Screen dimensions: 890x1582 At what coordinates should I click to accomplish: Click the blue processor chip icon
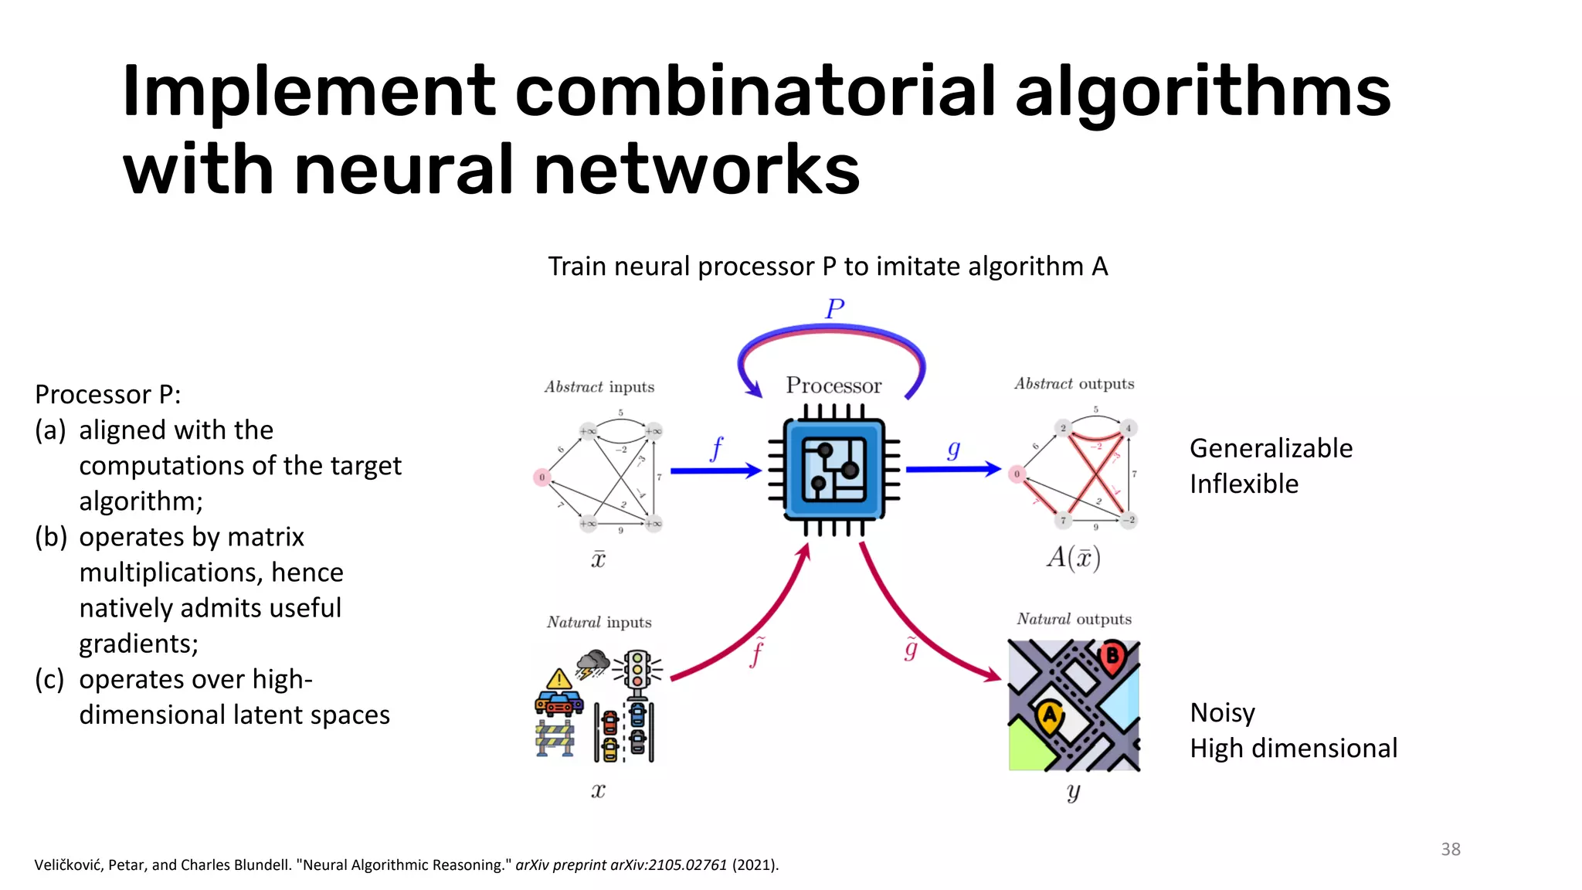pyautogui.click(x=833, y=469)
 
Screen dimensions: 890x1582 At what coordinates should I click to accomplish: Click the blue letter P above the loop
pyautogui.click(x=834, y=308)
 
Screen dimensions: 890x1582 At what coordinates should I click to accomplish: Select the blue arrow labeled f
pyautogui.click(x=715, y=470)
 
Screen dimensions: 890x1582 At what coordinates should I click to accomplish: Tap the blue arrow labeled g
pyautogui.click(x=952, y=468)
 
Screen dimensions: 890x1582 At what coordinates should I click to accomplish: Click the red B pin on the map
pyautogui.click(x=1112, y=658)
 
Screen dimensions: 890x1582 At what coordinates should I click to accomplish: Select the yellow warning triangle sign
pyautogui.click(x=558, y=680)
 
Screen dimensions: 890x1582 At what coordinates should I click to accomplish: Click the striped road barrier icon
pyautogui.click(x=555, y=739)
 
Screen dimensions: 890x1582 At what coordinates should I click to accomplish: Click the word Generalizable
pyautogui.click(x=1271, y=448)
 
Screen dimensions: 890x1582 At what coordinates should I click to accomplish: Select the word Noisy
pyautogui.click(x=1222, y=712)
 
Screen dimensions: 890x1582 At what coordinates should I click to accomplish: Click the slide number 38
pyautogui.click(x=1450, y=849)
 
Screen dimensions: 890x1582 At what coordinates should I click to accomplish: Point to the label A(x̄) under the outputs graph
pyautogui.click(x=1073, y=557)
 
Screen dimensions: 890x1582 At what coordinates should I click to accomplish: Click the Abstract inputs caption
pyautogui.click(x=599, y=387)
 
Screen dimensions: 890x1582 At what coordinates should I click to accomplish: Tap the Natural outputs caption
pyautogui.click(x=1074, y=619)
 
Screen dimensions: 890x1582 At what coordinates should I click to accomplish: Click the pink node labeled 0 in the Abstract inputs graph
pyautogui.click(x=541, y=477)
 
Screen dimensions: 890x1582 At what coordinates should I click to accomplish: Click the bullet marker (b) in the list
pyautogui.click(x=51, y=537)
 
